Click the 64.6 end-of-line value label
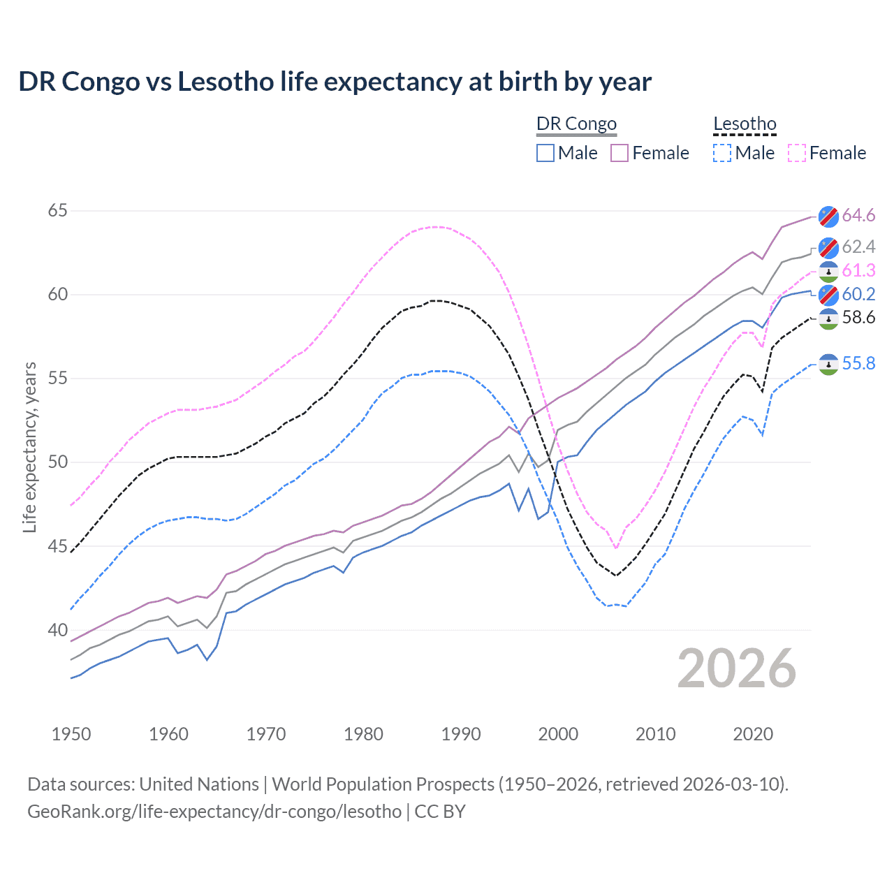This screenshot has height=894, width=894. pyautogui.click(x=858, y=215)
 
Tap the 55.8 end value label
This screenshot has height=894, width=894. pyautogui.click(x=858, y=363)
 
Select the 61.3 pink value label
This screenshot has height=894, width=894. pyautogui.click(x=858, y=270)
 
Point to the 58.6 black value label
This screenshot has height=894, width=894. pyautogui.click(x=858, y=318)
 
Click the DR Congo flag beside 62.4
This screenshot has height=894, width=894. pyautogui.click(x=828, y=247)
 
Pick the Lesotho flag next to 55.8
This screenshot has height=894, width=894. pyautogui.click(x=828, y=364)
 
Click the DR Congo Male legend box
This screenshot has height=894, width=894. pyautogui.click(x=545, y=153)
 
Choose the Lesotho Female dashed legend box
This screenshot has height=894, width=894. pyautogui.click(x=797, y=153)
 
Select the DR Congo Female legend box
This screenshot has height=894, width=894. pyautogui.click(x=620, y=153)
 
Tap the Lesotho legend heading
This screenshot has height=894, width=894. pyautogui.click(x=745, y=124)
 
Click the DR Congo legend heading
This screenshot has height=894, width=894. pyautogui.click(x=576, y=124)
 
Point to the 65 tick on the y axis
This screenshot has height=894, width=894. pyautogui.click(x=57, y=210)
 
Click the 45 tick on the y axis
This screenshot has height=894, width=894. pyautogui.click(x=57, y=546)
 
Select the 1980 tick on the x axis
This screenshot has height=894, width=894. pyautogui.click(x=363, y=734)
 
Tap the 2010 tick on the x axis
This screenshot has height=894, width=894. pyautogui.click(x=655, y=734)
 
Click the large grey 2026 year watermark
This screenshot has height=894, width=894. pyautogui.click(x=737, y=668)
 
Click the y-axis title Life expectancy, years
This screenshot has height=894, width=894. pyautogui.click(x=29, y=447)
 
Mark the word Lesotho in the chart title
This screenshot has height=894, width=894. pyautogui.click(x=225, y=82)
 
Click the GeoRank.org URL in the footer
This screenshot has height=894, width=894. pyautogui.click(x=214, y=812)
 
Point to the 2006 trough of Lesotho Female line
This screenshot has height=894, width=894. pyautogui.click(x=616, y=548)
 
